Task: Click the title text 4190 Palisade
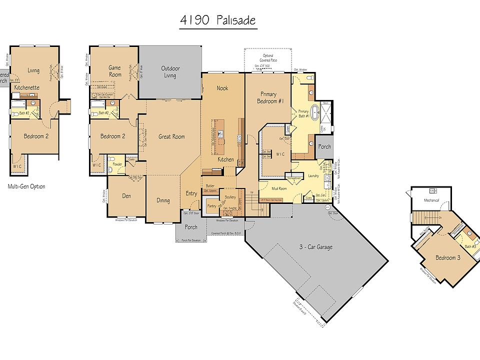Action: [218, 20]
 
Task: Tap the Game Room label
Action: [115, 71]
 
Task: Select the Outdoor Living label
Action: [170, 72]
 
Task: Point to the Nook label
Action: [222, 88]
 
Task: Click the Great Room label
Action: [171, 136]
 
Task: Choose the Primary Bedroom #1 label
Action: [268, 97]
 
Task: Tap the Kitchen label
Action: [225, 159]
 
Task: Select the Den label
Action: [126, 196]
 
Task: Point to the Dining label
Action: [163, 200]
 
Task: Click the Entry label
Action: [191, 193]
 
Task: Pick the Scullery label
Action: [230, 197]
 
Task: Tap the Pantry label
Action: [212, 205]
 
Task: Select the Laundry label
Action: [313, 176]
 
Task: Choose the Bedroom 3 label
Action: [445, 257]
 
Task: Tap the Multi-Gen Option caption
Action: [26, 186]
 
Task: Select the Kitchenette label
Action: [27, 87]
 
